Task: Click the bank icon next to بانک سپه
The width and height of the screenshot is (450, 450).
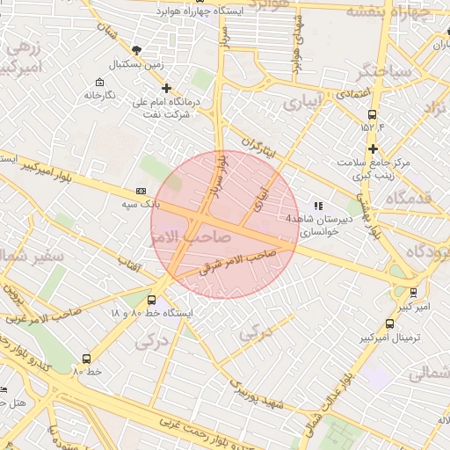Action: coord(142,191)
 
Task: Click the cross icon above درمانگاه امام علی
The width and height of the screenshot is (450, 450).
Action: coord(167,88)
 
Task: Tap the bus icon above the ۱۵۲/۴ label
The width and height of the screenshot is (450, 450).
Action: coord(373,114)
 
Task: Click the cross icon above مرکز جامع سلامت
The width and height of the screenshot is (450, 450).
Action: coord(374,149)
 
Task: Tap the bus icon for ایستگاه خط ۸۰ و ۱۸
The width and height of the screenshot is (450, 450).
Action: coord(152,300)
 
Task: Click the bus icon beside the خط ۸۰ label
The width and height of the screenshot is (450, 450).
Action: coord(86,358)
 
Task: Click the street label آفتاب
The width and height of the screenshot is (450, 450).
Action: coord(130,264)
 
